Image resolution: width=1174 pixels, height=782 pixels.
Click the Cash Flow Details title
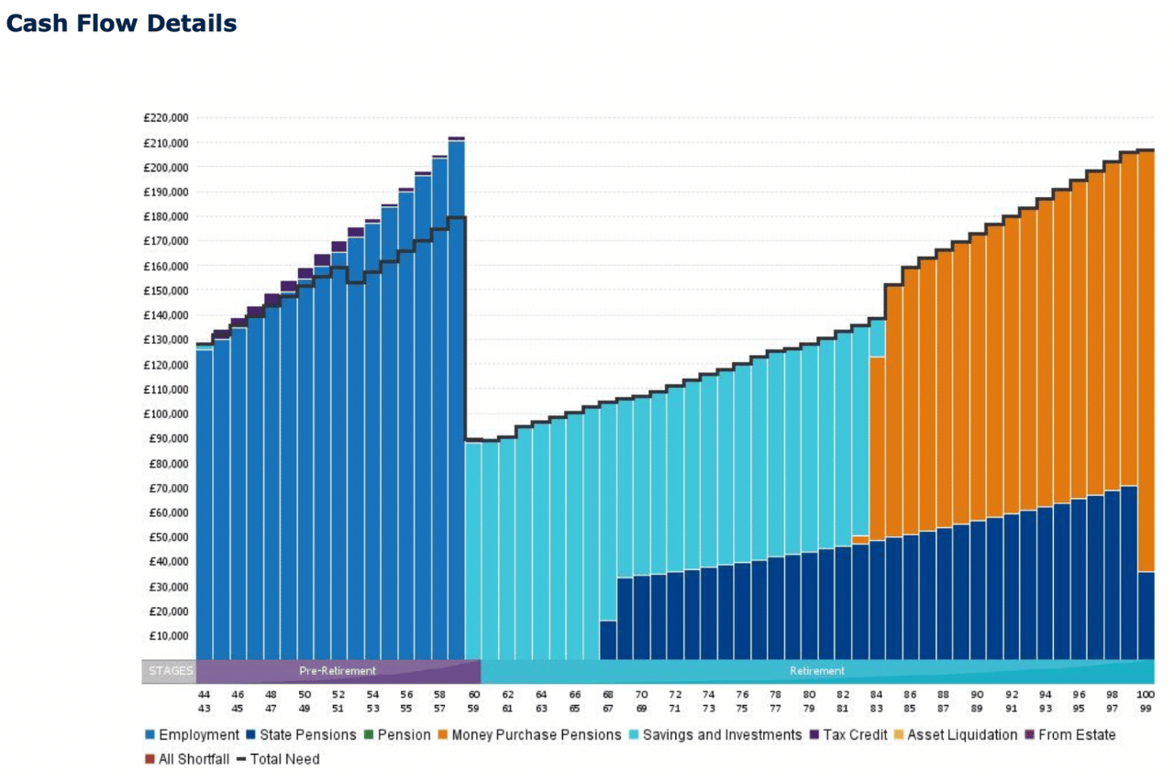[121, 23]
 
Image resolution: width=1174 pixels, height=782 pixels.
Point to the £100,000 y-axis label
[167, 414]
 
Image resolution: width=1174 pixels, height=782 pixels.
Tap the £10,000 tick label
[170, 636]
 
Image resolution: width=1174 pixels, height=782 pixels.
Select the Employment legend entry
[192, 735]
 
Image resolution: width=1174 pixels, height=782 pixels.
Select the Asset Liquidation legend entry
[954, 735]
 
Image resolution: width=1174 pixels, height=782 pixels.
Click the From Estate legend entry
[1069, 735]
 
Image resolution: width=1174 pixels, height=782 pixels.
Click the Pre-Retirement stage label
[338, 671]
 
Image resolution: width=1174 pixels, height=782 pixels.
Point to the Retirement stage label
[816, 671]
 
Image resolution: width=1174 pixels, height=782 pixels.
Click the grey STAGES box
[170, 671]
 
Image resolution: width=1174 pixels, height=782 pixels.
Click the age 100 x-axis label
[1145, 695]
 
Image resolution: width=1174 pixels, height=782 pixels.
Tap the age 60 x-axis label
[473, 695]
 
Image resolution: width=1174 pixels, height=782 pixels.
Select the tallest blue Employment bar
[456, 403]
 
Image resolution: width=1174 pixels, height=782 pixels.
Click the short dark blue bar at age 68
[607, 640]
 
